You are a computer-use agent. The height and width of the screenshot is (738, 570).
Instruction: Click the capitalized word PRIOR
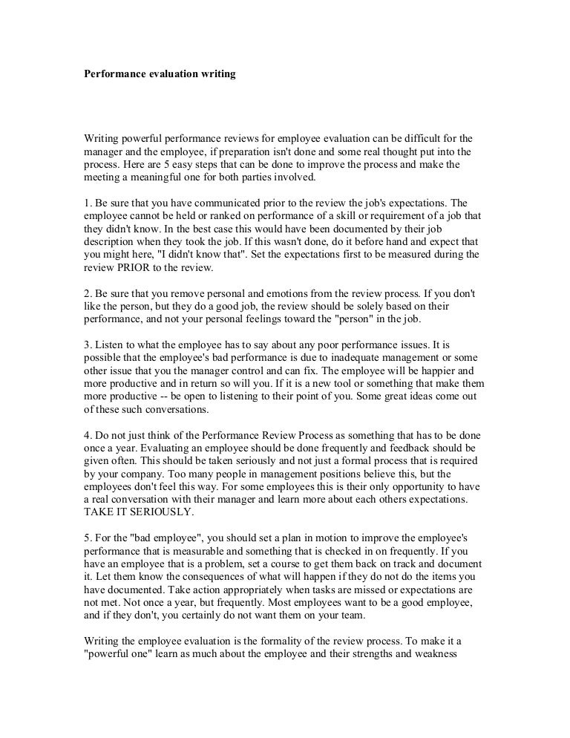click(x=134, y=267)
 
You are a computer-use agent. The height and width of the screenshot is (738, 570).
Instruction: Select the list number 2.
click(x=85, y=293)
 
